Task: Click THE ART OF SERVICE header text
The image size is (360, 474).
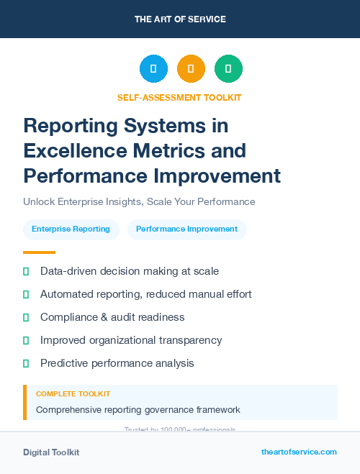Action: point(180,19)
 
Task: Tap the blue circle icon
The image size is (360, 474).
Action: point(153,69)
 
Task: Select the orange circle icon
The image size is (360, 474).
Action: point(191,69)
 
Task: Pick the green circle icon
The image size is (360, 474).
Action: point(228,69)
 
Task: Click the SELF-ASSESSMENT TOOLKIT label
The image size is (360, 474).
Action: point(179,97)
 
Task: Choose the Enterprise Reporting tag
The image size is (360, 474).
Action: point(71,229)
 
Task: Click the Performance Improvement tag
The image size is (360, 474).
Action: point(186,229)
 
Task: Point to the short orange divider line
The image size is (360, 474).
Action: point(39,252)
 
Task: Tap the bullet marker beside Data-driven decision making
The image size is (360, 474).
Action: point(26,271)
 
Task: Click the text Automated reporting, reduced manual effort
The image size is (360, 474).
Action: point(145,294)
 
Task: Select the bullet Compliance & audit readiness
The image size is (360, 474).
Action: point(112,317)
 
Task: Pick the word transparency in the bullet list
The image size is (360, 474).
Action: point(186,340)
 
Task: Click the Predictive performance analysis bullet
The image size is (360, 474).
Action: point(117,363)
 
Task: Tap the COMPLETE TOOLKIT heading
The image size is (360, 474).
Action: point(73,394)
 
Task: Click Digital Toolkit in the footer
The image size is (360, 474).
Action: point(51,452)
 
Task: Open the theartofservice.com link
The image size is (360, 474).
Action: point(299,452)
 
